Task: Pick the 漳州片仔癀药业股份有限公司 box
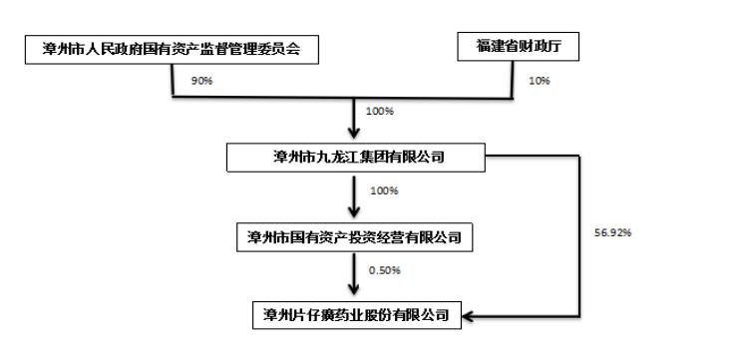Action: [357, 316]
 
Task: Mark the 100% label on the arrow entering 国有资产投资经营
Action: [385, 189]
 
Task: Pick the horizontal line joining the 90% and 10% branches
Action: [344, 98]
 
